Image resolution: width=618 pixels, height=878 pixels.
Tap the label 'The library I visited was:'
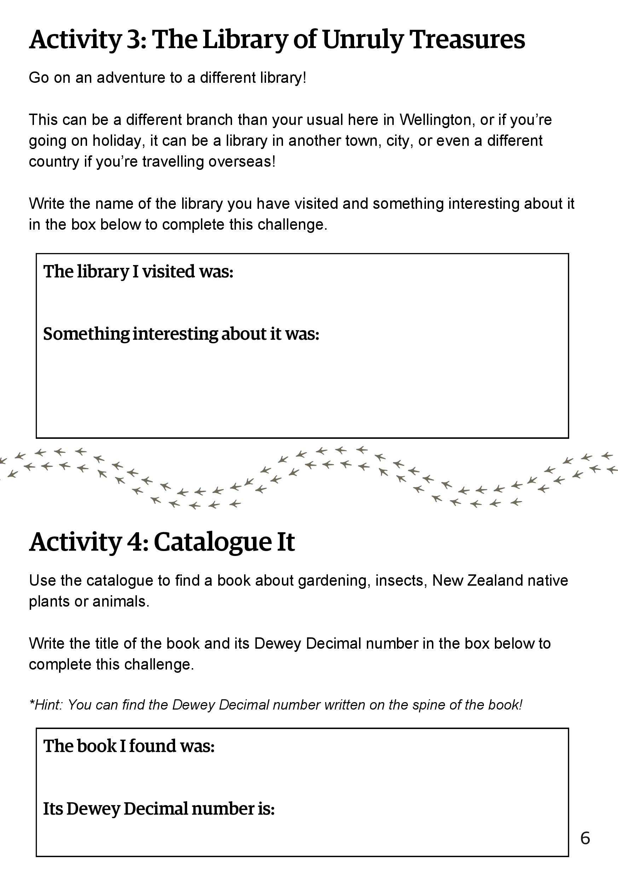(138, 271)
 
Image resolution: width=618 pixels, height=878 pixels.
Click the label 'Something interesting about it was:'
(181, 334)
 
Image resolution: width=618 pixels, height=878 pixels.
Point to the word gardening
(334, 580)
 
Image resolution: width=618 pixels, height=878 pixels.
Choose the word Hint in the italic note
(48, 704)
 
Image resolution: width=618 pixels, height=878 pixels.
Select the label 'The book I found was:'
(129, 746)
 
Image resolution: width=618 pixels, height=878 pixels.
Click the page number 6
(585, 838)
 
